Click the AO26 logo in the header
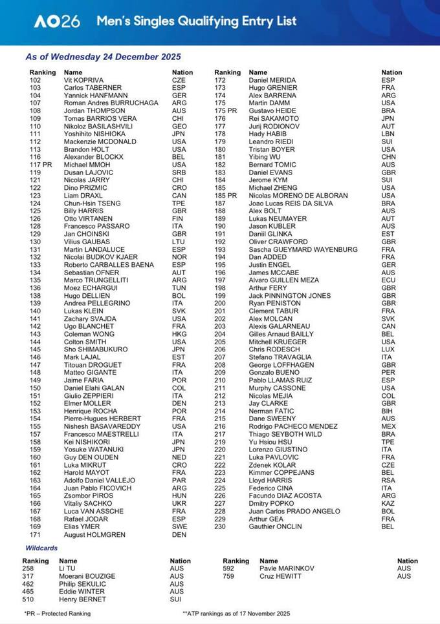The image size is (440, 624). click(57, 21)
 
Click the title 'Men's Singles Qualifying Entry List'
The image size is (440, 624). click(197, 21)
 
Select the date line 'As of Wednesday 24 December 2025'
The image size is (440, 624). click(103, 57)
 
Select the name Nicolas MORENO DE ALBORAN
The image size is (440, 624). click(298, 195)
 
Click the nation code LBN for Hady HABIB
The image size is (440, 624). click(388, 134)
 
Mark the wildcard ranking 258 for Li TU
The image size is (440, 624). click(30, 568)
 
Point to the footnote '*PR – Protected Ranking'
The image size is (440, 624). click(57, 613)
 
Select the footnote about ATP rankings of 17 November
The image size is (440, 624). click(236, 613)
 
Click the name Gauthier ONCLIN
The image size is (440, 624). click(276, 526)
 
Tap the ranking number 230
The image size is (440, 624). click(220, 526)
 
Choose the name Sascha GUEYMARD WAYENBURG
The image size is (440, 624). click(303, 249)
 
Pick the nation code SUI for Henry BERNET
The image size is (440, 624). click(177, 599)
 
